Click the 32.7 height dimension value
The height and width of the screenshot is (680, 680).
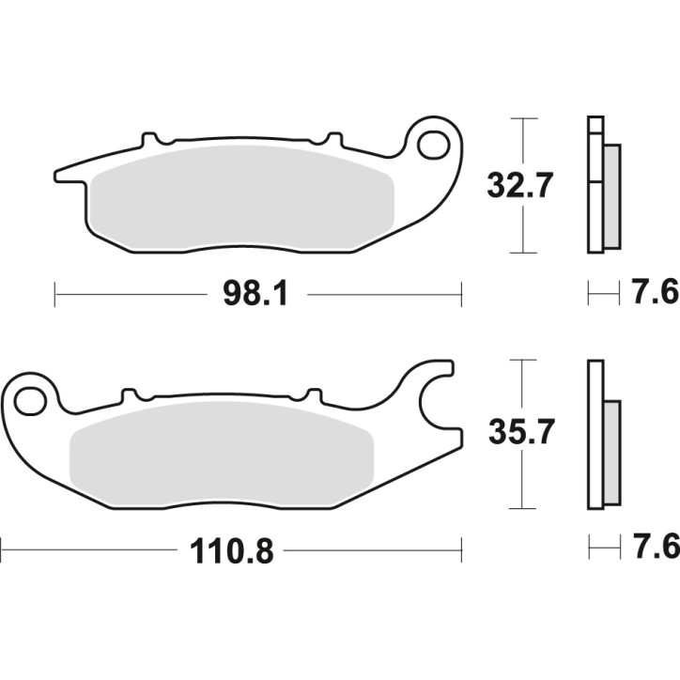coord(518,185)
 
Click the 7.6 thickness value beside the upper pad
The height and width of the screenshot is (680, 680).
coord(657,294)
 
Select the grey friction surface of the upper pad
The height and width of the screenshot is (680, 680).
coord(242,199)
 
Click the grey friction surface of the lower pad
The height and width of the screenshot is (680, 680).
coord(224,453)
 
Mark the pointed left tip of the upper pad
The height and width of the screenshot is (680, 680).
coord(58,176)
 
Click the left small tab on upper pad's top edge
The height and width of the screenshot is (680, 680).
coord(148,141)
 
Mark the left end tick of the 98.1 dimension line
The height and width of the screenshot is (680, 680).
coord(55,295)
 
